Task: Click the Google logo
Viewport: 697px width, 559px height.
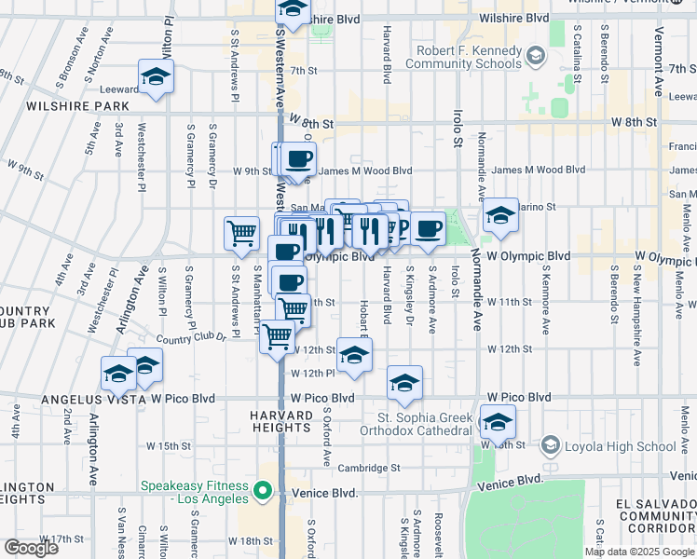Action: point(31,548)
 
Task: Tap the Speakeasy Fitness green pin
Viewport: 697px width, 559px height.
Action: point(264,490)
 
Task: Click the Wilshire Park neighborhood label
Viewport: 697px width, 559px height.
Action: point(65,106)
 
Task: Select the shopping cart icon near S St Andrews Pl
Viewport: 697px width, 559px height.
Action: point(242,233)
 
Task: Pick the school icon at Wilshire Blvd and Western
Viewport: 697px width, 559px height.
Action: point(294,12)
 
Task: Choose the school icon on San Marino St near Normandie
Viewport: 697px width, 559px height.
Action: point(500,218)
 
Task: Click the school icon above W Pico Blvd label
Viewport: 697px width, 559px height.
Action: point(404,382)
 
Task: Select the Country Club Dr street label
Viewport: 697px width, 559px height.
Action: point(191,338)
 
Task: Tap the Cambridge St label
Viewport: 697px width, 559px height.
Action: point(370,468)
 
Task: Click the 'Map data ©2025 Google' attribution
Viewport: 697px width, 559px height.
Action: point(638,552)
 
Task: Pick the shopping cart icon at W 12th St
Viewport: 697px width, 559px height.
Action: point(277,336)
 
